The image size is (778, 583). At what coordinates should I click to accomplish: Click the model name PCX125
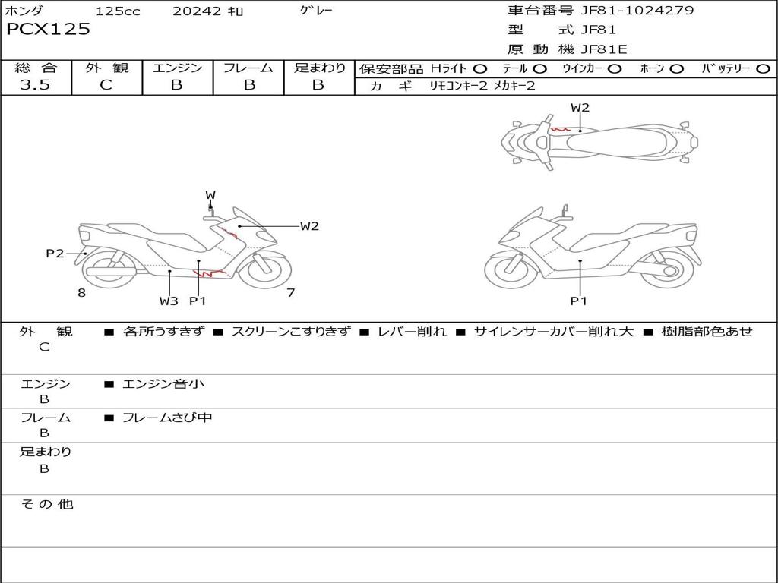point(48,29)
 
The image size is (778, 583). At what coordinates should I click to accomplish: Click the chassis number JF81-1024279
point(637,10)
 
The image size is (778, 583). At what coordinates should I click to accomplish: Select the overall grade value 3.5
point(35,85)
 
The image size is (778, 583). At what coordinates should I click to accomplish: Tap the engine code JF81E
point(604,49)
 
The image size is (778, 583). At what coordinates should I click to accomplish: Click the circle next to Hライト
point(480,69)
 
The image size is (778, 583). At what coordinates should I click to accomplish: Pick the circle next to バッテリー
point(763,69)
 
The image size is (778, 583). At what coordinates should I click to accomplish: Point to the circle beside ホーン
point(677,69)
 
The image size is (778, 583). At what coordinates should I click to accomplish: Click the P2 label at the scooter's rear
point(55,254)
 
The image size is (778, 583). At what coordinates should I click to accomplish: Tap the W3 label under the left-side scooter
point(169,301)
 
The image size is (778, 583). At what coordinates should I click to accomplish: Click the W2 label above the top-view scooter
point(580,108)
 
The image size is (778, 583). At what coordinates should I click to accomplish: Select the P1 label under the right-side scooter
point(578,301)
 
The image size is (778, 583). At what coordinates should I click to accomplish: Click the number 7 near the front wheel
point(291,293)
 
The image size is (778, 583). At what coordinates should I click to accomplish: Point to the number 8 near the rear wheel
point(82,293)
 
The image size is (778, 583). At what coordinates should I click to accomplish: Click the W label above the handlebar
point(210,195)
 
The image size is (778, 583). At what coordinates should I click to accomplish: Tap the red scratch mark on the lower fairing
point(209,273)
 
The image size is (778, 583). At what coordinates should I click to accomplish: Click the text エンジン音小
point(163,383)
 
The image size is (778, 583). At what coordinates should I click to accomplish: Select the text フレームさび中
point(167,418)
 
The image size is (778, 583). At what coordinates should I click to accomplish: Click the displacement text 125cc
point(118,11)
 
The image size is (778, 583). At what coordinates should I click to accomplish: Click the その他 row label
point(46,504)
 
